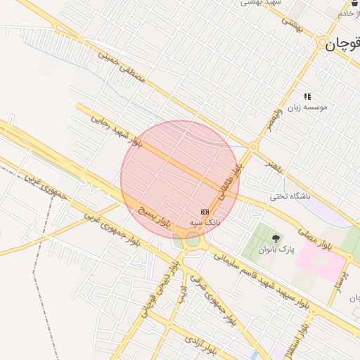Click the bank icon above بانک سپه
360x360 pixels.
[205, 212]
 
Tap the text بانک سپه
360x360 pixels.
[205, 222]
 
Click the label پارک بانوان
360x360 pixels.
[275, 250]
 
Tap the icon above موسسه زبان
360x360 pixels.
[307, 96]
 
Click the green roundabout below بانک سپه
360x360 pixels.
[193, 240]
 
